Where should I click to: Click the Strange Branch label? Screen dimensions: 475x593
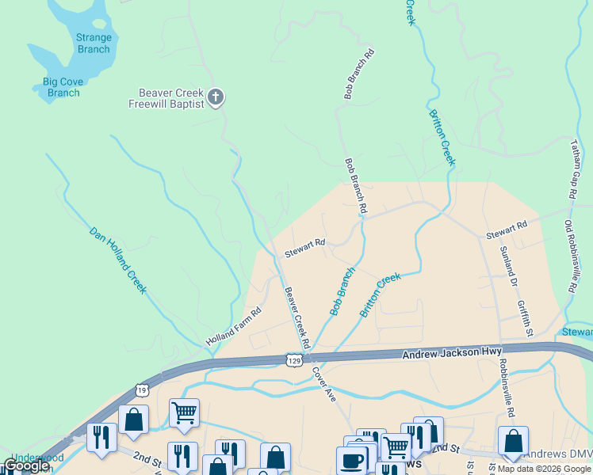94,44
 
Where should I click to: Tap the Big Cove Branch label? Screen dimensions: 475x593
63,87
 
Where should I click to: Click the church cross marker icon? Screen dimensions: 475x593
216,99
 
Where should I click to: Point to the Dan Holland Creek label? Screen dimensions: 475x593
117,260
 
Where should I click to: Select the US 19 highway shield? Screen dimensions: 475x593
141,389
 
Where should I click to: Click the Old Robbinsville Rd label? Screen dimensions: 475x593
568,257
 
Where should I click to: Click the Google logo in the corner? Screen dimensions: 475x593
26,466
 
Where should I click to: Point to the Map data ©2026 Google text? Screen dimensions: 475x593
544,469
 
